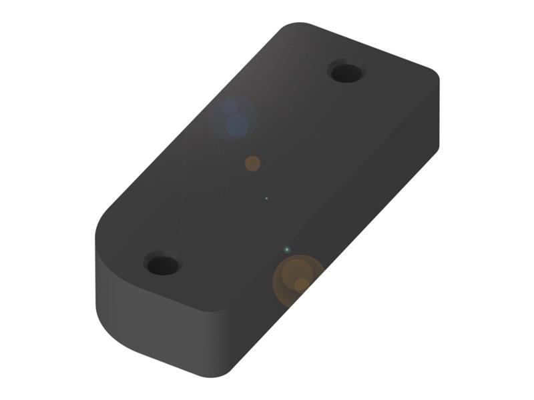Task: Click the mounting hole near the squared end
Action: [x=346, y=72]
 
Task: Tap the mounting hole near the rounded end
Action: [x=162, y=265]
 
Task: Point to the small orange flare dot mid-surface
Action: [x=252, y=163]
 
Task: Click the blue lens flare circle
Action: [x=237, y=125]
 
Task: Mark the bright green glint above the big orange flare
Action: [x=287, y=249]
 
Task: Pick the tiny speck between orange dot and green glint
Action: [x=266, y=198]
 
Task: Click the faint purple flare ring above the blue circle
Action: [x=230, y=106]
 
